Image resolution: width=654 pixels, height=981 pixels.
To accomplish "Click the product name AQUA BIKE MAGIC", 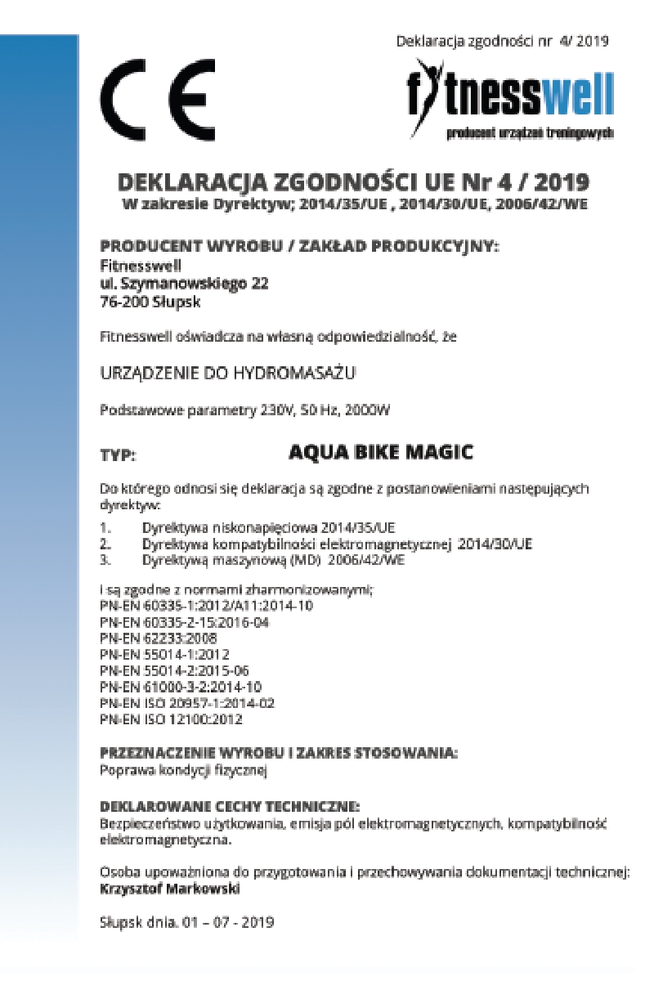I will click(381, 450).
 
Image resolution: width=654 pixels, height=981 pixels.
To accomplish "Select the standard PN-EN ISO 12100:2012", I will click(171, 720).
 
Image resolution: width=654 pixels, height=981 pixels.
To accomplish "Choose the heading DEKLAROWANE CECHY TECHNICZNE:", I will click(230, 805).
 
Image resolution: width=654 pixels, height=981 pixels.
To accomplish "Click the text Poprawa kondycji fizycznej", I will click(183, 769).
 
